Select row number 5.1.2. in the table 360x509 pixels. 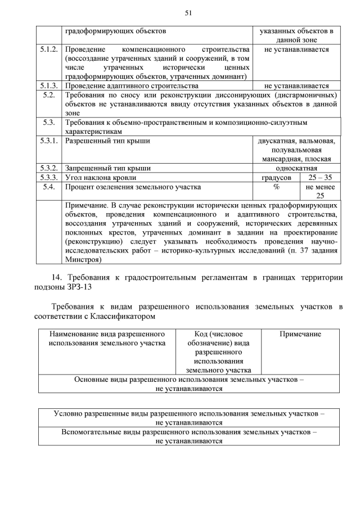coord(49,50)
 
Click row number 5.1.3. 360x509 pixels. coord(49,86)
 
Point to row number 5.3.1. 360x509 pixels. coord(49,141)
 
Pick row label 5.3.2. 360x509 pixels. coord(49,168)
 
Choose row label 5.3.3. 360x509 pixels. coord(49,177)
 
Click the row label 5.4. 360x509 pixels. coord(49,186)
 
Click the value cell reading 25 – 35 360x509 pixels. coord(320,177)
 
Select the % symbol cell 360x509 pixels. coord(276,186)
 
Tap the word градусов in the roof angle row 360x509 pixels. coord(276,177)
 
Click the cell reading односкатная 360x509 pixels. coord(296,168)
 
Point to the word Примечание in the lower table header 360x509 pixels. coord(300,334)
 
